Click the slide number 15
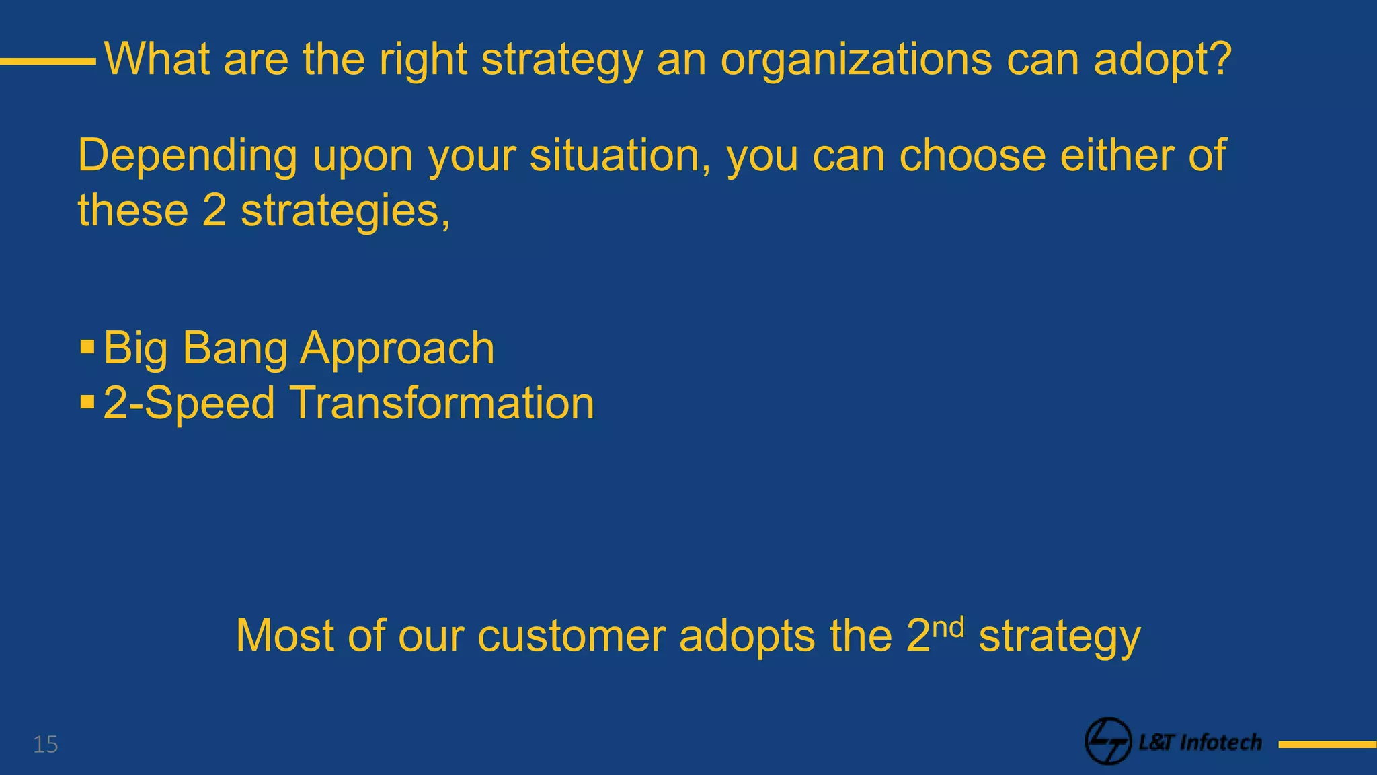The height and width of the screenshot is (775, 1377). pyautogui.click(x=46, y=745)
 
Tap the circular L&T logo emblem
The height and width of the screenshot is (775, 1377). pyautogui.click(x=1108, y=741)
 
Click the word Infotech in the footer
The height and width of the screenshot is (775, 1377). pyautogui.click(x=1221, y=742)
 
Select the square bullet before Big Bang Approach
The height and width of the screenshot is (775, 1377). pyautogui.click(x=87, y=347)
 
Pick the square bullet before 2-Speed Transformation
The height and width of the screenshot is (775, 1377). pyautogui.click(x=87, y=402)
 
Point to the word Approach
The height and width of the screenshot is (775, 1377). pyautogui.click(x=397, y=348)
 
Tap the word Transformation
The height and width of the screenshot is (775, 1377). pyautogui.click(x=443, y=403)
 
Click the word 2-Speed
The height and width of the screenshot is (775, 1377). pyautogui.click(x=189, y=403)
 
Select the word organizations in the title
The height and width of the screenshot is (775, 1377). pyautogui.click(x=856, y=59)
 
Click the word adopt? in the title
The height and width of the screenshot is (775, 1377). pyautogui.click(x=1163, y=59)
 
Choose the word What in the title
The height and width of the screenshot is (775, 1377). pyautogui.click(x=157, y=59)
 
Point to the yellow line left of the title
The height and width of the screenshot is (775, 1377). pyautogui.click(x=48, y=61)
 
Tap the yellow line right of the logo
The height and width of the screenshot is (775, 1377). pyautogui.click(x=1327, y=745)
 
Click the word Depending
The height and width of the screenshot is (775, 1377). pyautogui.click(x=188, y=155)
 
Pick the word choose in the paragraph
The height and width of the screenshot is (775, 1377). pyautogui.click(x=972, y=155)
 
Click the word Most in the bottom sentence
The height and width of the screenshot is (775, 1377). pyautogui.click(x=285, y=635)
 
